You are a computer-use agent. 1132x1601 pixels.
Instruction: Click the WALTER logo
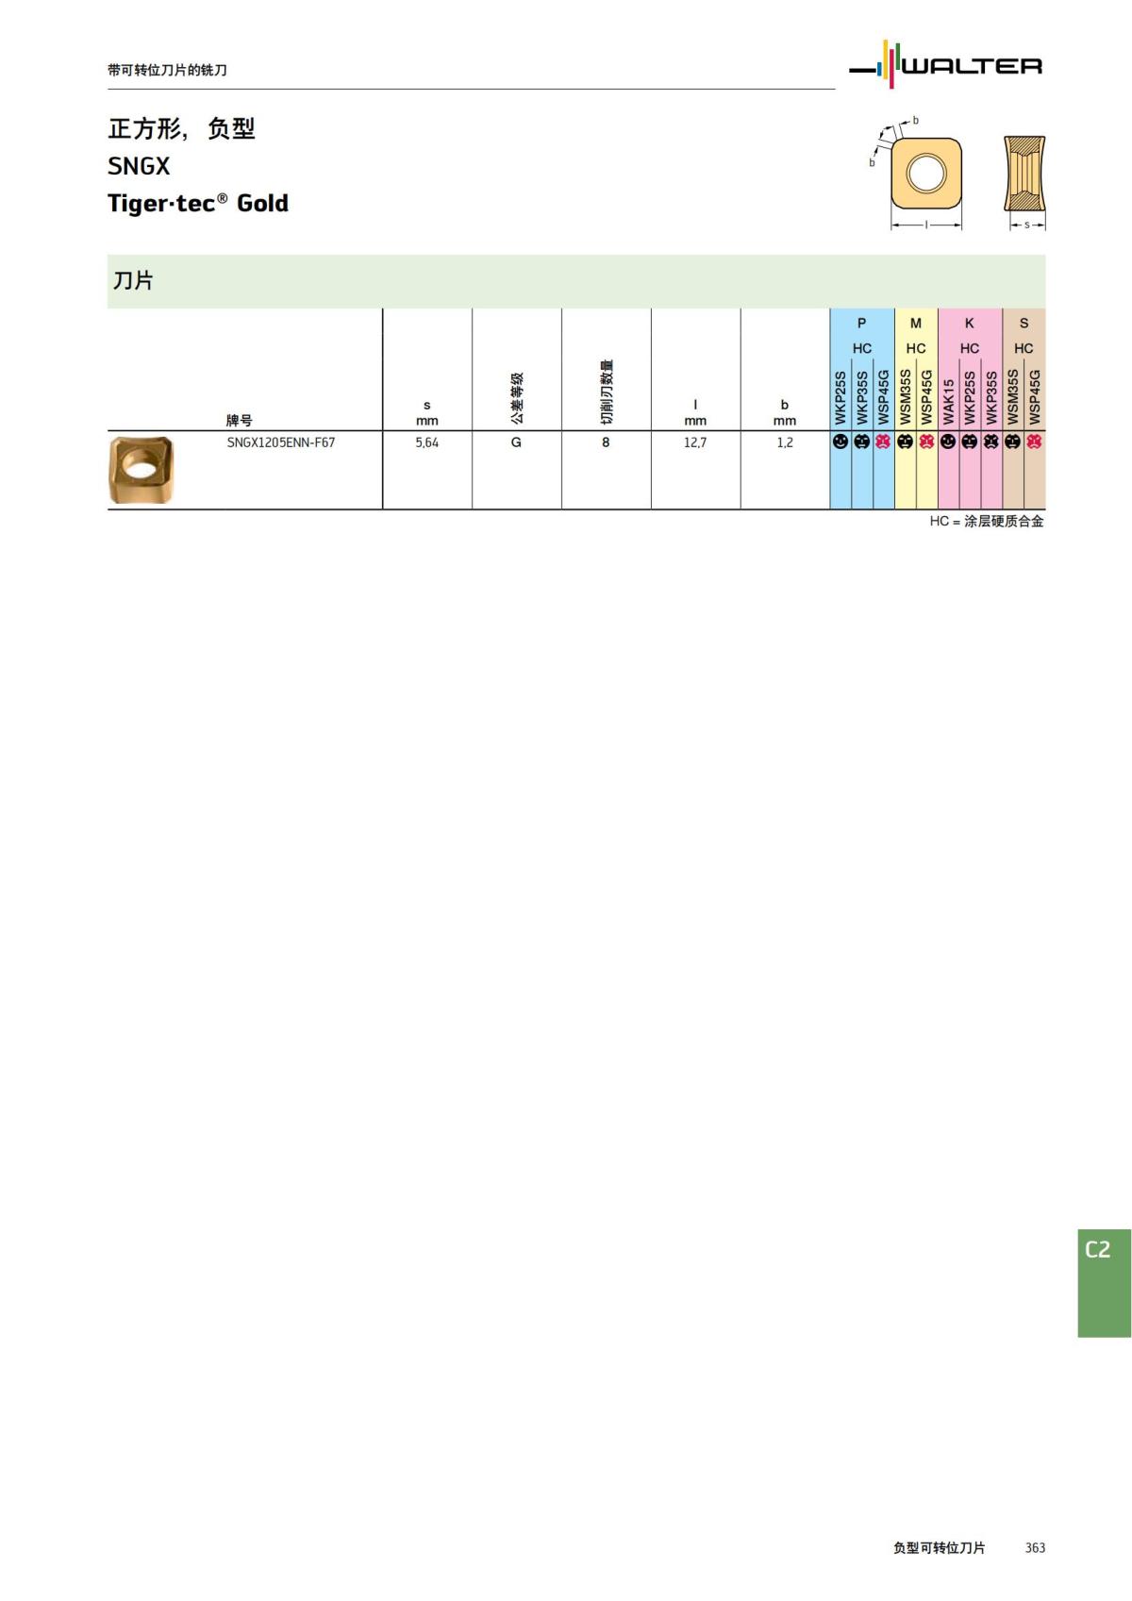[946, 65]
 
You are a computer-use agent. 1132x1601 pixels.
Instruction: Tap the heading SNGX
[139, 166]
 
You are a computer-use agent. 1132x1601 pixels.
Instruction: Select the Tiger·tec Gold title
[198, 203]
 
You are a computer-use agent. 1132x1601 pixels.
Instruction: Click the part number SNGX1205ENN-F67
[280, 442]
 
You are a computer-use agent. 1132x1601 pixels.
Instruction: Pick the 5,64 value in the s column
[426, 442]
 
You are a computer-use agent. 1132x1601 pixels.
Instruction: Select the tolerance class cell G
[516, 442]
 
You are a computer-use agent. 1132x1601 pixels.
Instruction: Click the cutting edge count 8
[606, 442]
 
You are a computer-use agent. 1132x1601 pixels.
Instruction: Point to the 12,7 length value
[695, 442]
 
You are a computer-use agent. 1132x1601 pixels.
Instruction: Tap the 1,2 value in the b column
[785, 442]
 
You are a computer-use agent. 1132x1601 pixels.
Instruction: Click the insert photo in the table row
[141, 469]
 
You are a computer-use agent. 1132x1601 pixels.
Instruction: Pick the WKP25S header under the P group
[841, 397]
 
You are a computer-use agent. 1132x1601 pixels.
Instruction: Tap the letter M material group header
[915, 324]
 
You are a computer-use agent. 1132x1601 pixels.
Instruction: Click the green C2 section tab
[1104, 1282]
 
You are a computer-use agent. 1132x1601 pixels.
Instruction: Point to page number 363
[1035, 1548]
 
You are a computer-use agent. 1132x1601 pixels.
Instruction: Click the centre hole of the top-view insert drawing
[925, 173]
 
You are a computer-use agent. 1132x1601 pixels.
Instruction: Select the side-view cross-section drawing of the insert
[1024, 174]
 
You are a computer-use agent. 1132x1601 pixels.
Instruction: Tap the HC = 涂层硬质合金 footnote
[987, 522]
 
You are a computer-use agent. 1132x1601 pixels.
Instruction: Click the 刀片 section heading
[133, 281]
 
